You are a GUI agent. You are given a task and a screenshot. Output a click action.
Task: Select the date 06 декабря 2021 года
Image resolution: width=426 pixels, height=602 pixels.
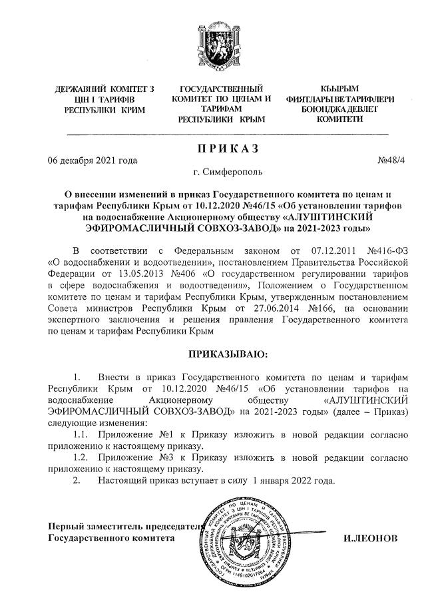pos(93,160)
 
